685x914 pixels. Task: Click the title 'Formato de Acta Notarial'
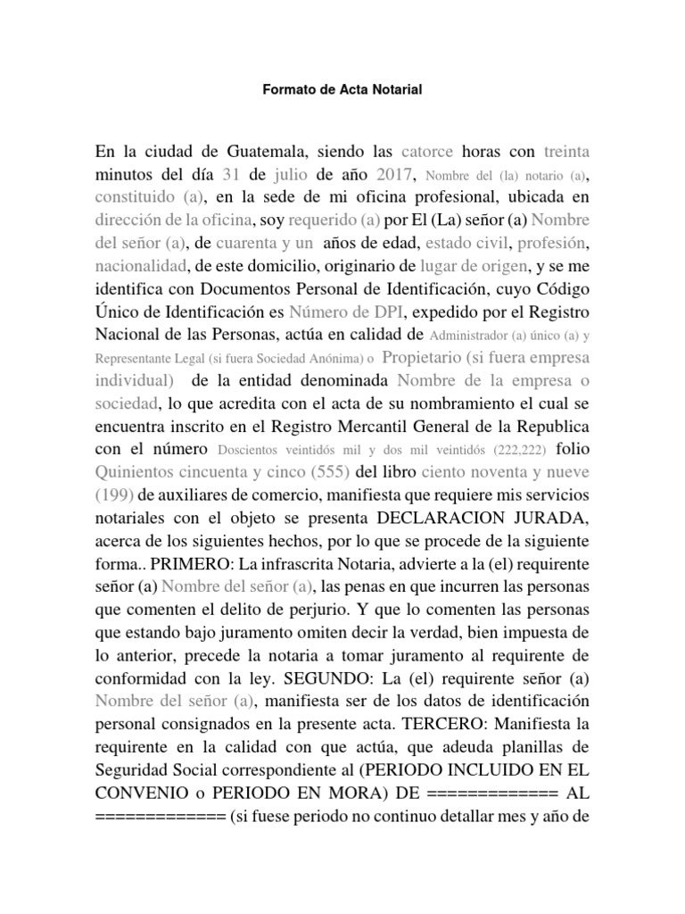[342, 90]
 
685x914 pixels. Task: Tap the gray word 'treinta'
[566, 147]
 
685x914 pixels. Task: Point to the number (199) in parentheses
[117, 495]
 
